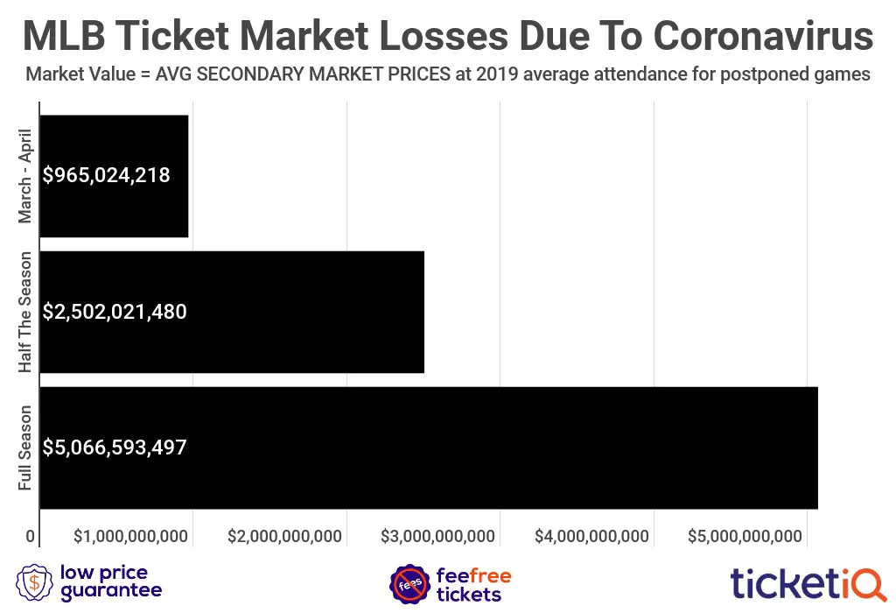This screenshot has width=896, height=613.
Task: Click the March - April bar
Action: tap(114, 175)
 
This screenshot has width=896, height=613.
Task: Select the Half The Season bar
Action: tap(232, 312)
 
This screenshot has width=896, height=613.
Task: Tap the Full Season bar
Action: tap(429, 447)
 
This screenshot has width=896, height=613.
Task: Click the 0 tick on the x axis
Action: tap(31, 537)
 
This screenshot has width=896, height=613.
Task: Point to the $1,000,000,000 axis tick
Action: tap(131, 537)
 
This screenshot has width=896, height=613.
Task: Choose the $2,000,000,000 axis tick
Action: tap(284, 537)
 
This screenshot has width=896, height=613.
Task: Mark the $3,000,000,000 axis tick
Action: tap(438, 537)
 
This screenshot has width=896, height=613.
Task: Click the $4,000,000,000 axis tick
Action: tap(591, 537)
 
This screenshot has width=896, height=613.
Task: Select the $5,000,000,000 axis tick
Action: tap(745, 537)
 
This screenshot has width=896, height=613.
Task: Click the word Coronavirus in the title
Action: tap(763, 37)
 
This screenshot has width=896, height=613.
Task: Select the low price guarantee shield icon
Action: tap(34, 582)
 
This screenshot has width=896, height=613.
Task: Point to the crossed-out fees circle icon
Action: tap(408, 583)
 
